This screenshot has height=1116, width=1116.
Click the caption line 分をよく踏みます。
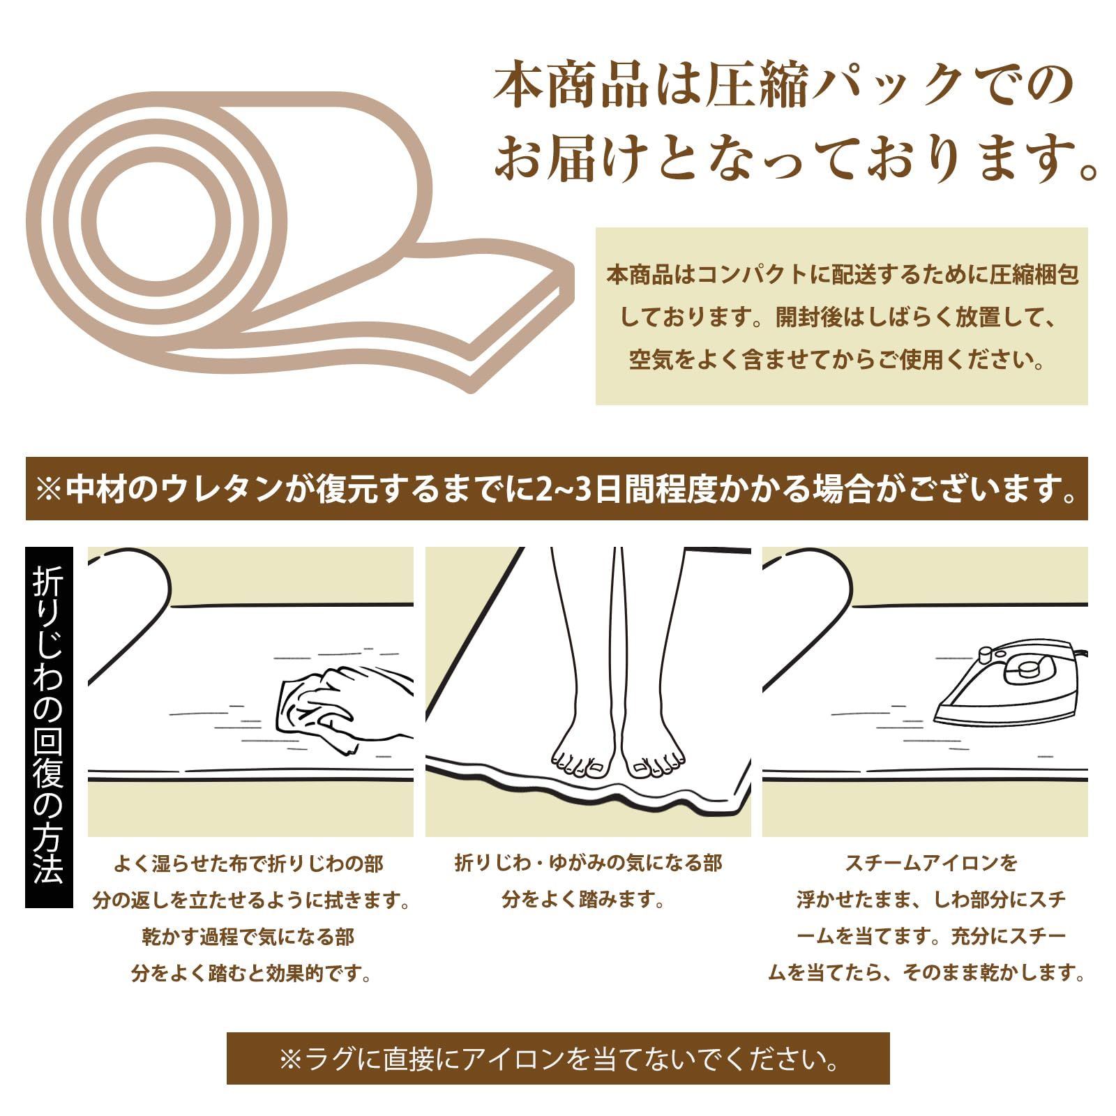(x=583, y=900)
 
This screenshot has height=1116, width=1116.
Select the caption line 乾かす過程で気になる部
(x=248, y=937)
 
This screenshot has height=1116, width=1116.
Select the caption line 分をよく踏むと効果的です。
(x=251, y=973)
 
